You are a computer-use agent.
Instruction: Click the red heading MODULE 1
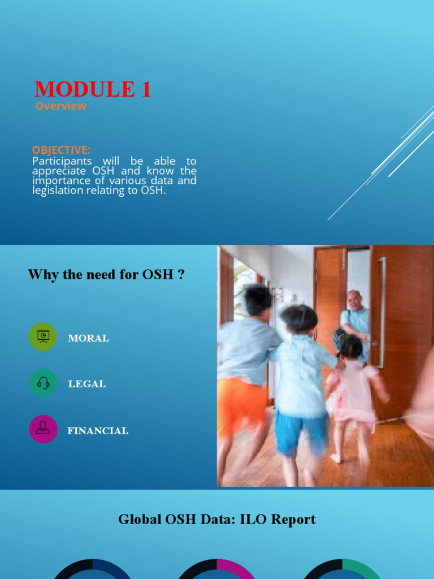93,89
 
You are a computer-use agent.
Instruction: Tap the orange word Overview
60,106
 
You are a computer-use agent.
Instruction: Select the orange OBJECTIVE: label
61,150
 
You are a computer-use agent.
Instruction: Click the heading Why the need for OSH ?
106,275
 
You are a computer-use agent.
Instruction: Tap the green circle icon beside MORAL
43,336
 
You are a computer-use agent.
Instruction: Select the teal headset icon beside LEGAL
43,383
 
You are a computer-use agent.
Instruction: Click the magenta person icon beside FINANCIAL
43,429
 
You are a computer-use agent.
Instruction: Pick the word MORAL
88,338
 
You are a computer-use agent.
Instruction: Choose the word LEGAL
87,384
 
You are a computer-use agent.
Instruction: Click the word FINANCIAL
98,431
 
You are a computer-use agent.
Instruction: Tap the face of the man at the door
354,300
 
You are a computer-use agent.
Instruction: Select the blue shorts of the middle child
301,433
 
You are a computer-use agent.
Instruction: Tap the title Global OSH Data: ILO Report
217,519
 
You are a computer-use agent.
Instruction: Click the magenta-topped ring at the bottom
217,568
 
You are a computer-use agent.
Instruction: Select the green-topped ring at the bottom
341,568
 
